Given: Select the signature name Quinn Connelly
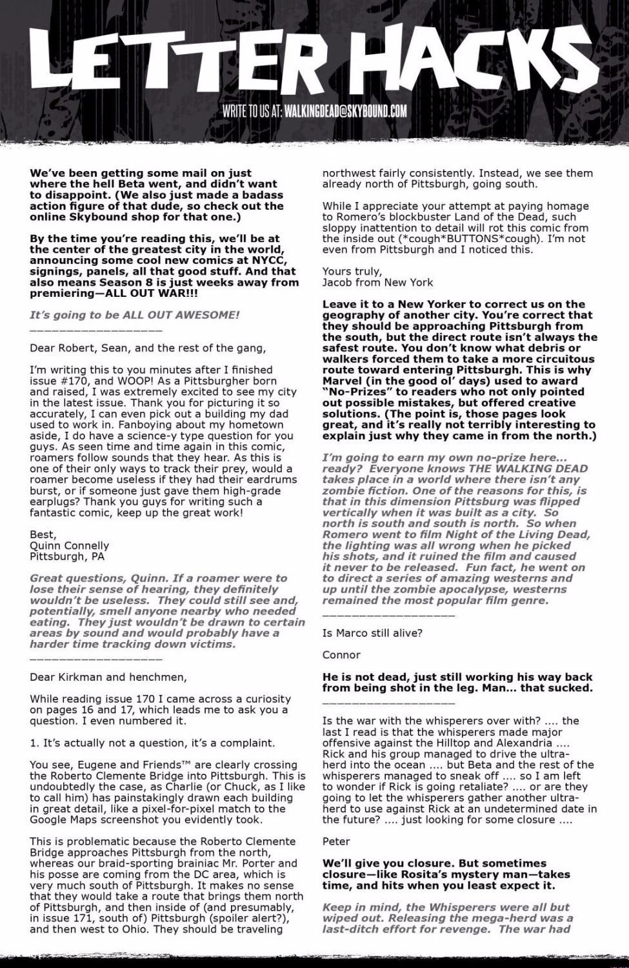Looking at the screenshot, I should (69, 545).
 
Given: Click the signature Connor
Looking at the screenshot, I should (341, 654).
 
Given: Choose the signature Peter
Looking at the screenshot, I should (336, 841).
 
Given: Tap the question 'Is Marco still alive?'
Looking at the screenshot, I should (372, 632).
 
